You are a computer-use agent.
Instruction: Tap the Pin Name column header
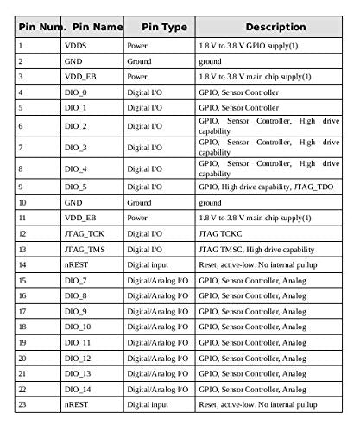click(x=93, y=27)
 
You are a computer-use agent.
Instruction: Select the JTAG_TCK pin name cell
click(x=84, y=233)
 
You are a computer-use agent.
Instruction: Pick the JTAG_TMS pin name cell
click(x=85, y=249)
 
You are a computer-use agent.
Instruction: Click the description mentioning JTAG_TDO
click(x=265, y=186)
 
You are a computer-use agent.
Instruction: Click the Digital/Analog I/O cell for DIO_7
click(x=158, y=280)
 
